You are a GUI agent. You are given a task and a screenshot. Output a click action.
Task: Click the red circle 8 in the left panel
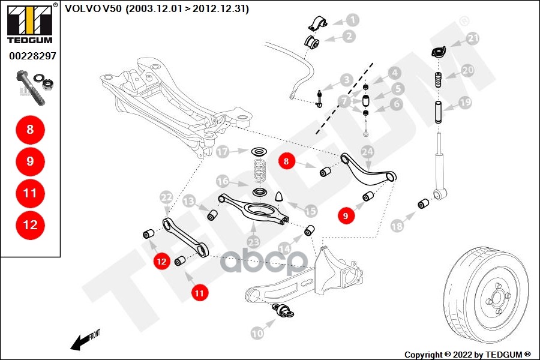pos(30,130)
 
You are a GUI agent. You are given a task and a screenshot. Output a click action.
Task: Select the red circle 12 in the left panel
pos(30,225)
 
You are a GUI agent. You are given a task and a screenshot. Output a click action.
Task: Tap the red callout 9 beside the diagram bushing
pos(346,215)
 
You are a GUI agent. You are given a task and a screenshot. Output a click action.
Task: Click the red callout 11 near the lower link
pos(199,293)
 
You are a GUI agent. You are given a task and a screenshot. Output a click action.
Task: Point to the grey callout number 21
pos(473,38)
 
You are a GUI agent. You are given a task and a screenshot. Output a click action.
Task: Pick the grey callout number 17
pos(223,152)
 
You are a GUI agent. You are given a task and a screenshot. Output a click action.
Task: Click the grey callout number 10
pos(257,333)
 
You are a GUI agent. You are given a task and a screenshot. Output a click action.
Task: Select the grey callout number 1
pos(352,20)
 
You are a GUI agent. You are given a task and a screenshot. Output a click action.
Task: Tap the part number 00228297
pos(32,56)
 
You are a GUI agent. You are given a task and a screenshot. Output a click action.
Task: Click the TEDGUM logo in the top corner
pos(30,23)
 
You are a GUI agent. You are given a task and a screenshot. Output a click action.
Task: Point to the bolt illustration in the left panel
pos(34,88)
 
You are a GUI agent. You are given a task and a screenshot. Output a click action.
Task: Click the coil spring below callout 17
pos(259,170)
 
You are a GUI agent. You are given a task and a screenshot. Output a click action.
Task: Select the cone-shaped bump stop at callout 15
pos(279,196)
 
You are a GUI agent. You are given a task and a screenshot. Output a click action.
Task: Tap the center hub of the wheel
pos(497,298)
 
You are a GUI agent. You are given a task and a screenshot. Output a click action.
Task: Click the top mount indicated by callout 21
pos(439,53)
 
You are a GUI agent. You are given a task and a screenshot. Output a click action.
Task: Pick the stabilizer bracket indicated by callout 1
pos(317,23)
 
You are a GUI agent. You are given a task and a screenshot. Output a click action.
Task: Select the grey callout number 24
pos(367,152)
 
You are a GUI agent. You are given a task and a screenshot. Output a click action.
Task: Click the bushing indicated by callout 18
pos(423,204)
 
